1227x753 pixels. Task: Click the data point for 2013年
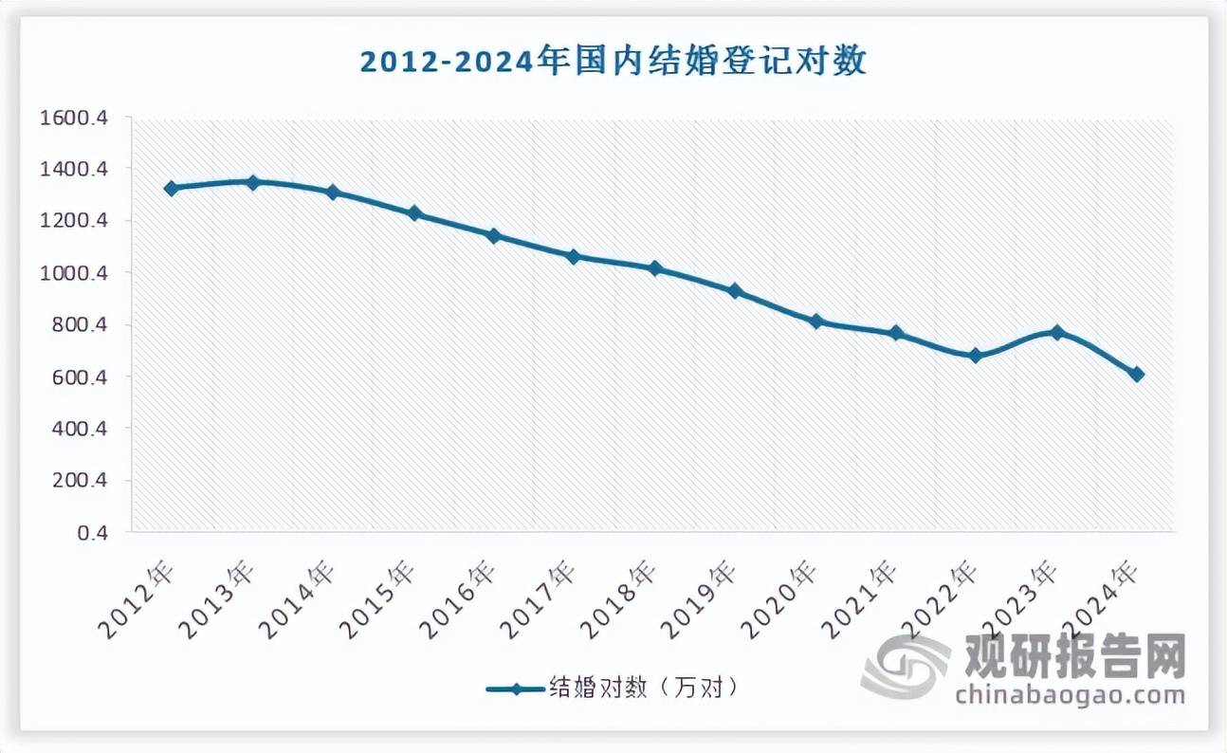click(x=252, y=182)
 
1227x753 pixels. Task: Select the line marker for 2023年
click(x=1056, y=332)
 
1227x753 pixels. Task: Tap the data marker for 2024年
click(x=1137, y=375)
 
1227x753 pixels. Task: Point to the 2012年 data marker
click(x=172, y=188)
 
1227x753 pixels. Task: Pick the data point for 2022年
click(x=976, y=356)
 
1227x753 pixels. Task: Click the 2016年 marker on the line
click(x=493, y=235)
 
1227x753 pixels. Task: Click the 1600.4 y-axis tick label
click(x=73, y=118)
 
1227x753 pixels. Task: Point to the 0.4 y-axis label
click(x=93, y=533)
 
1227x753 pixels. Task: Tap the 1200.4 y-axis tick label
click(x=73, y=221)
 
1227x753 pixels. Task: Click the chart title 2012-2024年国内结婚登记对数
click(x=613, y=64)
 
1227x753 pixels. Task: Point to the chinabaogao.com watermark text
click(x=1070, y=696)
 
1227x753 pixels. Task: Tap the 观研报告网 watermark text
click(x=1075, y=655)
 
